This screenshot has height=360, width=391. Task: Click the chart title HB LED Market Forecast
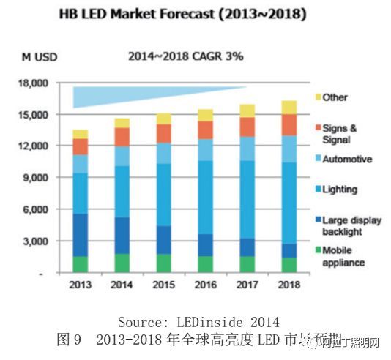pos(196,15)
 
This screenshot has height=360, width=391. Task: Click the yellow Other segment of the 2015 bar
pos(165,119)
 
